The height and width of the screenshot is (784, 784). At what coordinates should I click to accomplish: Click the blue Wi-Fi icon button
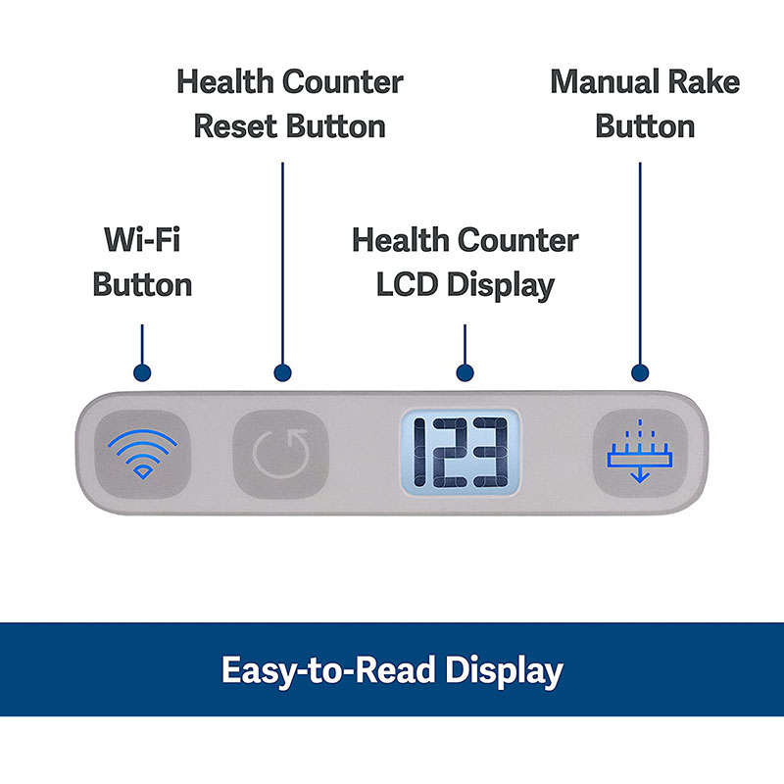pos(143,453)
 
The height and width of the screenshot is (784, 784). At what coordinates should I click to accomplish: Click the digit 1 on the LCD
pos(425,454)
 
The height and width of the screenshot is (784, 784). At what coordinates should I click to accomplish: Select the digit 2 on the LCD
pos(457,454)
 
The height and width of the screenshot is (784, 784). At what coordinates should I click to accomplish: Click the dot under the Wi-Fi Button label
pos(143,372)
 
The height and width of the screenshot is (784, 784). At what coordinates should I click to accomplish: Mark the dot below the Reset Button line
pos(282,372)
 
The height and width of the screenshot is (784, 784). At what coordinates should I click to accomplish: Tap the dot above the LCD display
pos(465,372)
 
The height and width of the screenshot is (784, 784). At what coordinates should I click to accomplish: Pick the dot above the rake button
pos(640,372)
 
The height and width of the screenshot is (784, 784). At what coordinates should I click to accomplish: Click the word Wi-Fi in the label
pos(142,239)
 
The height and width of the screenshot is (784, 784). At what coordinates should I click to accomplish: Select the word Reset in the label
pos(237,126)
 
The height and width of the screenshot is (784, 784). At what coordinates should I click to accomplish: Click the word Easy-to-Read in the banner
pos(326,671)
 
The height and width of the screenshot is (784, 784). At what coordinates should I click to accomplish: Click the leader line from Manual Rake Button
pos(640,265)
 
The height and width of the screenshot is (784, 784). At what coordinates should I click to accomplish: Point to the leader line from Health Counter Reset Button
pos(282,265)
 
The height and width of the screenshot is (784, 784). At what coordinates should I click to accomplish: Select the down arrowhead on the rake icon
pos(638,476)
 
